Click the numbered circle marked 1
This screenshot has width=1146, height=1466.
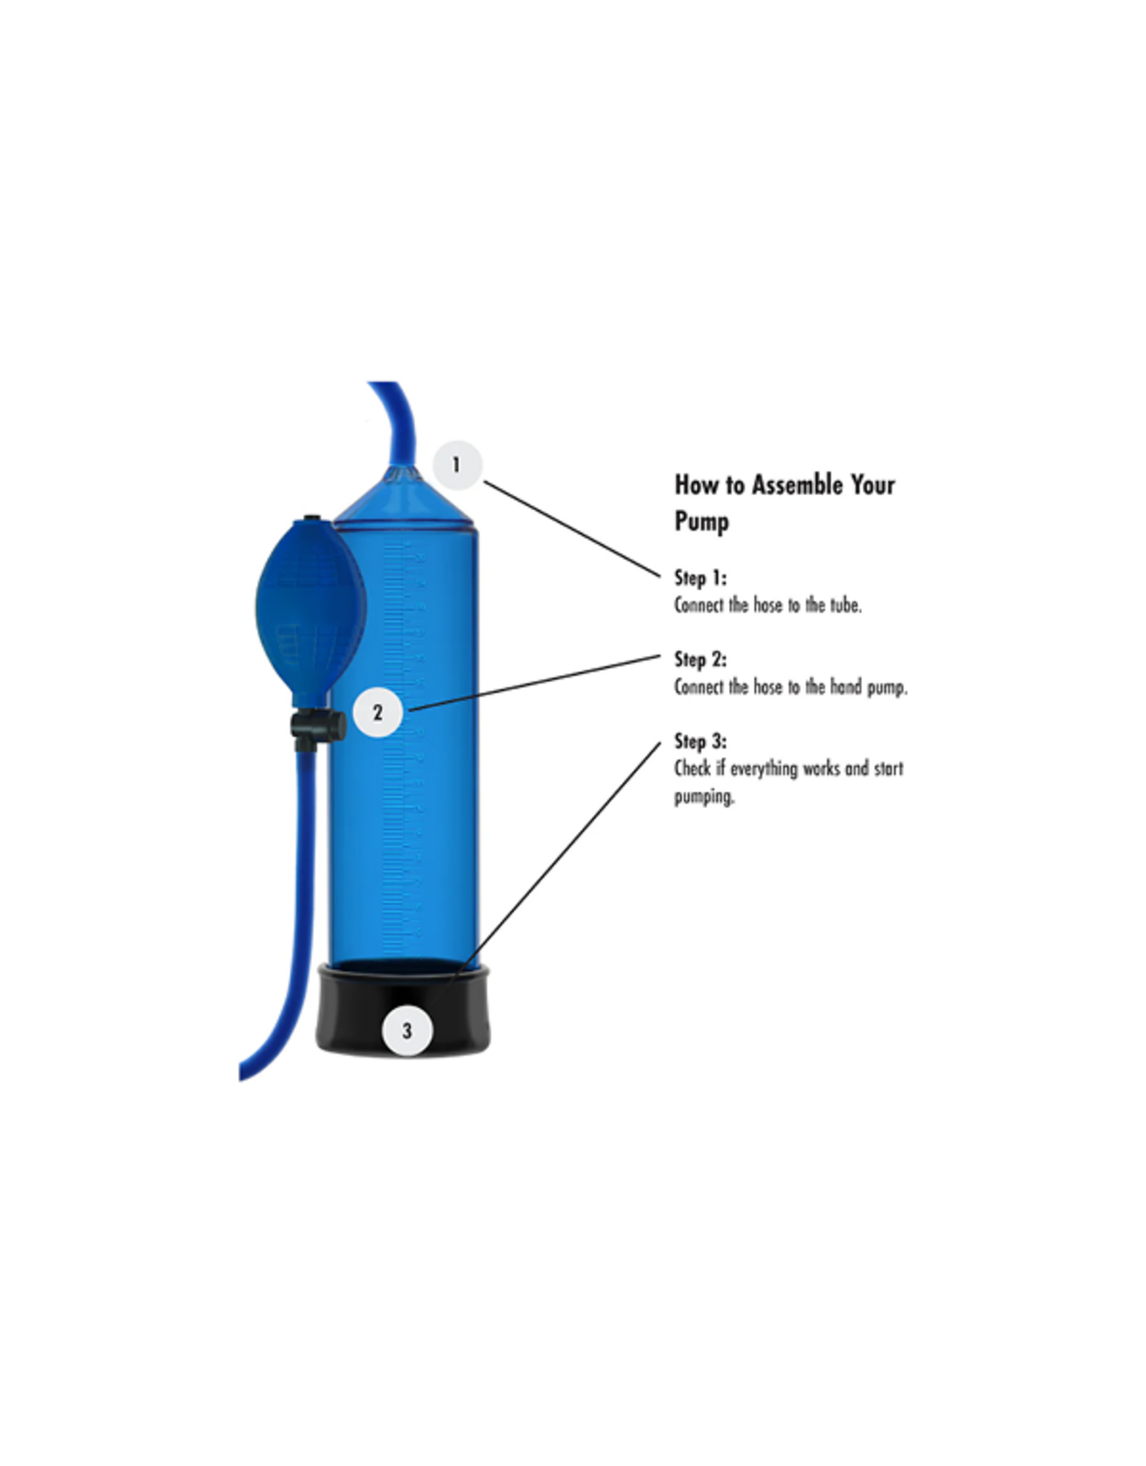click(456, 465)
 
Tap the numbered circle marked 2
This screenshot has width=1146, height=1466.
click(377, 713)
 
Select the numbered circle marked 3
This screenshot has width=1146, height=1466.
click(407, 1031)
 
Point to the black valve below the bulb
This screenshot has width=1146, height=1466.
click(317, 726)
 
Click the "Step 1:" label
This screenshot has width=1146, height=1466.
click(700, 578)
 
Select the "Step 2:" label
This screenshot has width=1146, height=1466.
click(700, 659)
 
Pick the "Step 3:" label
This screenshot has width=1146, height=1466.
click(700, 741)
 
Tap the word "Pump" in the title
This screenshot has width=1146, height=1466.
click(702, 521)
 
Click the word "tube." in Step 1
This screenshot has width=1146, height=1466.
click(845, 606)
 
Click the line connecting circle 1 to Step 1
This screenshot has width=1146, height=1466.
click(573, 530)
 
